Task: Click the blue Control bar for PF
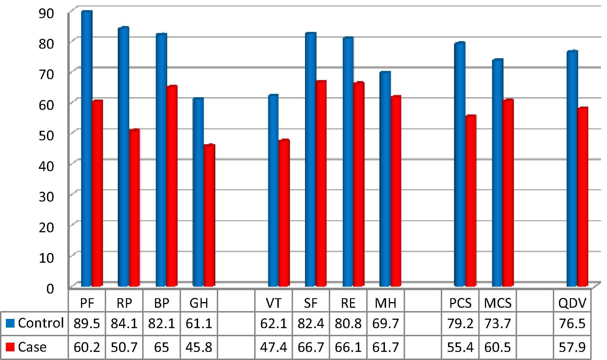[86, 148]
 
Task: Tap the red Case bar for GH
[209, 215]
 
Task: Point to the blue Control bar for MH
[385, 179]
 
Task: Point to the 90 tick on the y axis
[46, 13]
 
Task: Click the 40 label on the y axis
[46, 166]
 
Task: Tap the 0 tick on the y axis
[50, 288]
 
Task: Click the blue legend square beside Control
[10, 324]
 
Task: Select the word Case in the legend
[32, 347]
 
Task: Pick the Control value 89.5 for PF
[87, 324]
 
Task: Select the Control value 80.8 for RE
[348, 324]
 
